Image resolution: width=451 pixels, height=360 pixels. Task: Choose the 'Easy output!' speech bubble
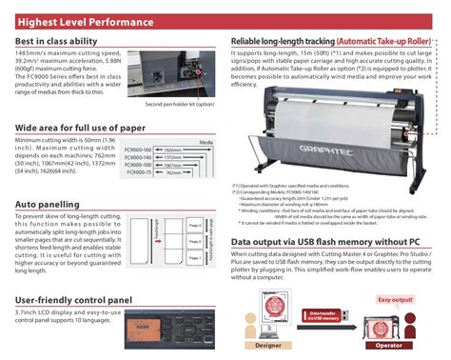(402, 273)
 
